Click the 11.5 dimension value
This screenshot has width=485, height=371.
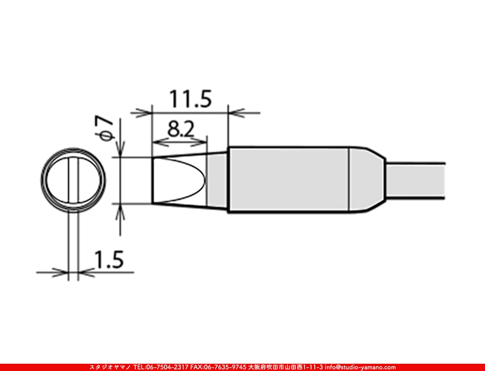click(190, 99)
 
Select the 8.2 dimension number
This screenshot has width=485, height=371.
click(181, 129)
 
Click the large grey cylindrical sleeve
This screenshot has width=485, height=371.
click(288, 180)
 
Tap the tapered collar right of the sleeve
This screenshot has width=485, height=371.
click(366, 180)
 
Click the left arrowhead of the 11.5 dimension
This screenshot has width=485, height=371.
click(145, 113)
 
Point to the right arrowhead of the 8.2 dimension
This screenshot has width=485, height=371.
click(202, 142)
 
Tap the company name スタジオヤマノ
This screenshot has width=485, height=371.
click(110, 367)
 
